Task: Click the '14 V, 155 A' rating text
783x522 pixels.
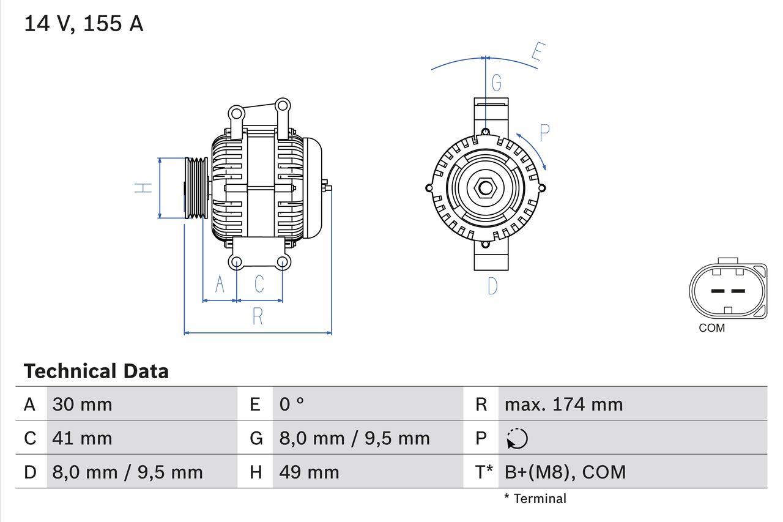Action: coord(84,24)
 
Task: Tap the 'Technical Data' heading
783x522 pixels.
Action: coord(96,371)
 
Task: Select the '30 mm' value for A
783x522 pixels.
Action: coord(83,405)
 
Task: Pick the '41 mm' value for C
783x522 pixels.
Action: coord(83,438)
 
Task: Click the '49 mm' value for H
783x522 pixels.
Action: coord(309,472)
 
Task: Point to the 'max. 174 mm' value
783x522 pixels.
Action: coord(563,405)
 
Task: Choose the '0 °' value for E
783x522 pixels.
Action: coord(292,405)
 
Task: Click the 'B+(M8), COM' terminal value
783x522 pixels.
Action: coord(565,472)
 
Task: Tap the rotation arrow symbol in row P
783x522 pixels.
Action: coord(517,438)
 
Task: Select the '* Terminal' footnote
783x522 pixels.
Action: coord(535,499)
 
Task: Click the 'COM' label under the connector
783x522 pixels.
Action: coord(711,328)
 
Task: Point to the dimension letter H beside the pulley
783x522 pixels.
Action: coord(143,188)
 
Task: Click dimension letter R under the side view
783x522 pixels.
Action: coord(258,316)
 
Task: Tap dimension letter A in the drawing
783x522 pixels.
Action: coord(220,284)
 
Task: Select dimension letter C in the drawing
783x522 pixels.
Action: coord(259,284)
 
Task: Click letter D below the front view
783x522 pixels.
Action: coord(492,286)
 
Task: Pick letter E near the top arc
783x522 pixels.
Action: coord(536,53)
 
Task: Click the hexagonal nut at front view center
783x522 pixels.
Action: coord(485,188)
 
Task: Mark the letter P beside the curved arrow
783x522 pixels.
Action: coord(544,132)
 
